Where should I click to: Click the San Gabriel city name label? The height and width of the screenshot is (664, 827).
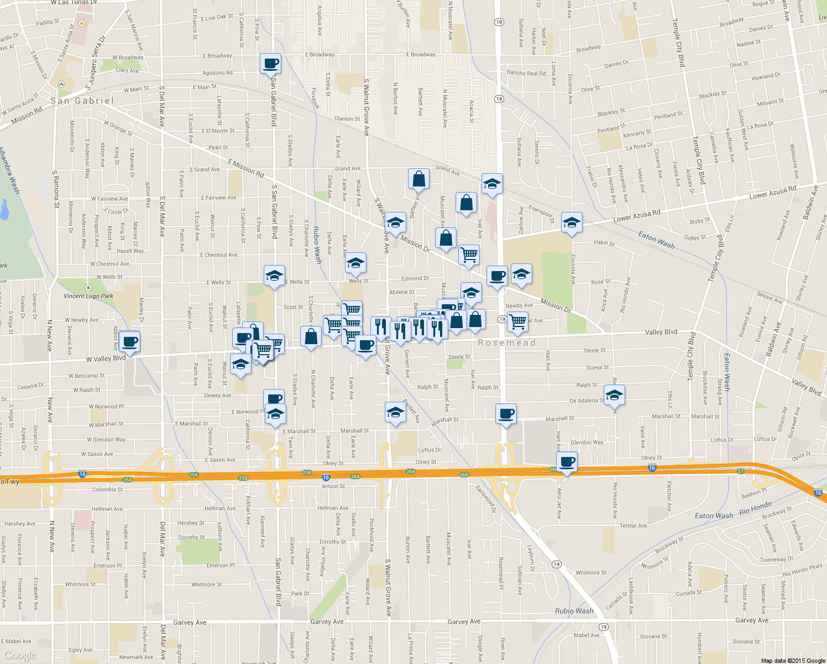click(82, 101)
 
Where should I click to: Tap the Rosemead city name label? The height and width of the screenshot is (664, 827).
click(507, 343)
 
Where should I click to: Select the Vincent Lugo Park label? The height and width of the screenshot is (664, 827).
click(88, 296)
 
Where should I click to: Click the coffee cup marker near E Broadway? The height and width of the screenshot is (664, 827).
click(270, 64)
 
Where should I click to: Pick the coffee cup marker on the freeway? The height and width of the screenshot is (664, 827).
click(567, 462)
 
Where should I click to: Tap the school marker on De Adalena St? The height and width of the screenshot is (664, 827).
click(614, 396)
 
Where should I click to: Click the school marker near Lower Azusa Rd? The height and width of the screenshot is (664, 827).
click(571, 223)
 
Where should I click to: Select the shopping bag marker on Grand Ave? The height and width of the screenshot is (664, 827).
click(418, 179)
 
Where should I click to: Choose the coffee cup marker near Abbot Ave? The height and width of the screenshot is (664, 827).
click(129, 341)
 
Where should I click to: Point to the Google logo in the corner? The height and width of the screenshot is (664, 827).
click(19, 655)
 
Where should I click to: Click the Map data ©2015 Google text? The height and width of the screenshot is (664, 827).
click(793, 660)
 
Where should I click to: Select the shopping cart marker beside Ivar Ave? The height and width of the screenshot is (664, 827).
click(469, 255)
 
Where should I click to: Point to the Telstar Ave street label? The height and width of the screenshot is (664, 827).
click(633, 526)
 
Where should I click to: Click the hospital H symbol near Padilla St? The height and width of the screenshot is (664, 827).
click(82, 23)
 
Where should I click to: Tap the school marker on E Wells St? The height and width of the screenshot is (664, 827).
click(274, 276)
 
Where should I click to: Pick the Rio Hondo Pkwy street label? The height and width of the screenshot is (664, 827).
click(802, 570)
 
